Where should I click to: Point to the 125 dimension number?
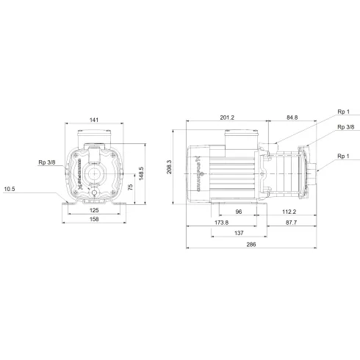pos(94,210)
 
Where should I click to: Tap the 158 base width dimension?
pos(94,220)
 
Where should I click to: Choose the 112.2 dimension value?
pos(289,212)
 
